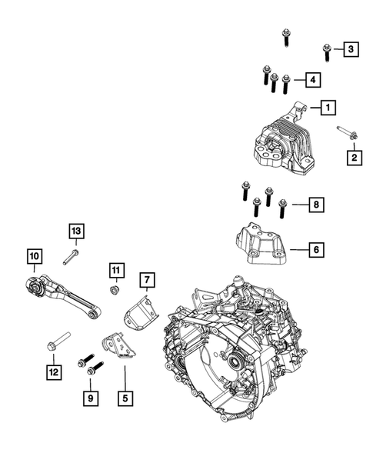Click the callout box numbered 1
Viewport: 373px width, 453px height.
tap(328, 108)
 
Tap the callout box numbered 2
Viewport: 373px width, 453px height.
tap(355, 158)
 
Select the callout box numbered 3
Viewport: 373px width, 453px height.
tap(351, 49)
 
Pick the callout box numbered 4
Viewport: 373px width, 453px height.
tap(313, 79)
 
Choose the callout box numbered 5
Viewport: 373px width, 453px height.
tap(125, 398)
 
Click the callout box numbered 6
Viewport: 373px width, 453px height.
tap(316, 249)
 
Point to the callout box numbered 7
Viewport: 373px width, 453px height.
tap(147, 280)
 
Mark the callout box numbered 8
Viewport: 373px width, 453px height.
tap(316, 205)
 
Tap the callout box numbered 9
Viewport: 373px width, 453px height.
tap(91, 398)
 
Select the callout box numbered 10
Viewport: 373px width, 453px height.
tap(35, 256)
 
